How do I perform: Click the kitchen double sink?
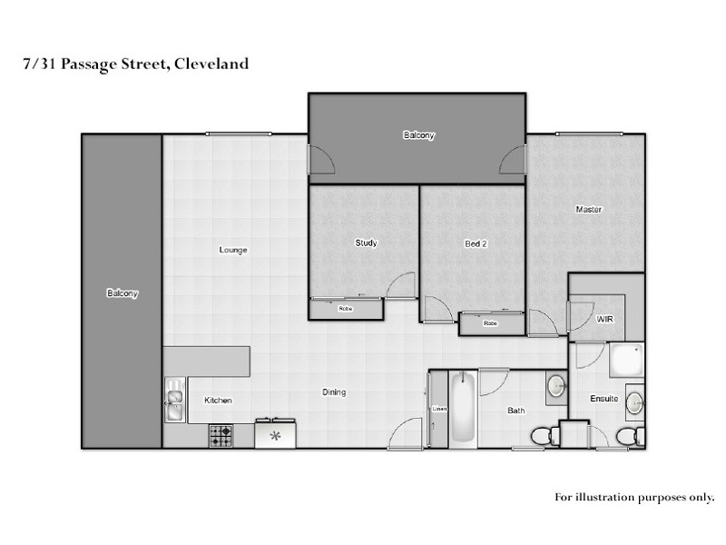click(x=173, y=401)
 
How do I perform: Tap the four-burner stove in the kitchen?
click(x=221, y=436)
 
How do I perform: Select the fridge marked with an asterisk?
click(x=275, y=436)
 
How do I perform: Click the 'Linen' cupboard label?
click(x=439, y=409)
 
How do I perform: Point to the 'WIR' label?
click(x=605, y=320)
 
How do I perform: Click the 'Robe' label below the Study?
click(x=345, y=309)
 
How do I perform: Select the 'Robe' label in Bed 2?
click(x=490, y=322)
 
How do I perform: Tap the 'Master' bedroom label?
click(x=589, y=210)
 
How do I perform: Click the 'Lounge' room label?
click(x=233, y=250)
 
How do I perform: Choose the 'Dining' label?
click(x=334, y=392)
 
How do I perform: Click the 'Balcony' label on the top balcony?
click(x=418, y=135)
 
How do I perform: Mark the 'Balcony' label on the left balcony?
click(x=122, y=293)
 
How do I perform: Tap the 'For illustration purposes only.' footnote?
click(x=634, y=497)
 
